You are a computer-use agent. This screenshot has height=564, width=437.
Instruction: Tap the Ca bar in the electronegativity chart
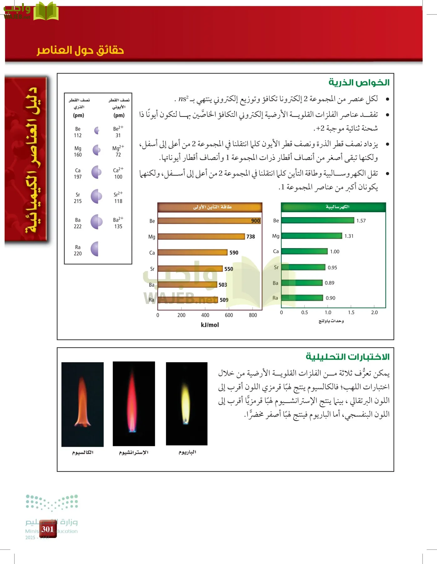(304, 251)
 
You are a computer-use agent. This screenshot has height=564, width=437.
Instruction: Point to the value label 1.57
(361, 221)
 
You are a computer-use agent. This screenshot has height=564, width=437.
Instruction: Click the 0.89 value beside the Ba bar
(329, 283)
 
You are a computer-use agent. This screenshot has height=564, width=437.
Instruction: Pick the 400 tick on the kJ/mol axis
(205, 315)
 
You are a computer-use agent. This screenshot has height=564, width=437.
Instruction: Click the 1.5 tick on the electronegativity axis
(351, 312)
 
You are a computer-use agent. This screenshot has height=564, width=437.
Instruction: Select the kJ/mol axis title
(210, 325)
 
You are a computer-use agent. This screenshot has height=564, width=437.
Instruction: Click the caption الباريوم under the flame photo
(187, 452)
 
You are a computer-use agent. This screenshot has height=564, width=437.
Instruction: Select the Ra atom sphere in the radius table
(95, 249)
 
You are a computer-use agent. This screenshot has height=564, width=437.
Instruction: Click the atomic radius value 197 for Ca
(78, 177)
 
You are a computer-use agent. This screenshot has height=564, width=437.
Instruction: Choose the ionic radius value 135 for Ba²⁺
(118, 226)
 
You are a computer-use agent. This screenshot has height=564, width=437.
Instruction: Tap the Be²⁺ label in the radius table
(118, 128)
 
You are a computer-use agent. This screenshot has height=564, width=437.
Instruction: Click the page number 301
(48, 529)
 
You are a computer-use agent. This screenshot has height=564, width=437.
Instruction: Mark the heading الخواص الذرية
(359, 83)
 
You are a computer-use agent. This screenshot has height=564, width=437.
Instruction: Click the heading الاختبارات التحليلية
(347, 357)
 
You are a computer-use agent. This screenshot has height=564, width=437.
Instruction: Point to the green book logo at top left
(46, 11)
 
